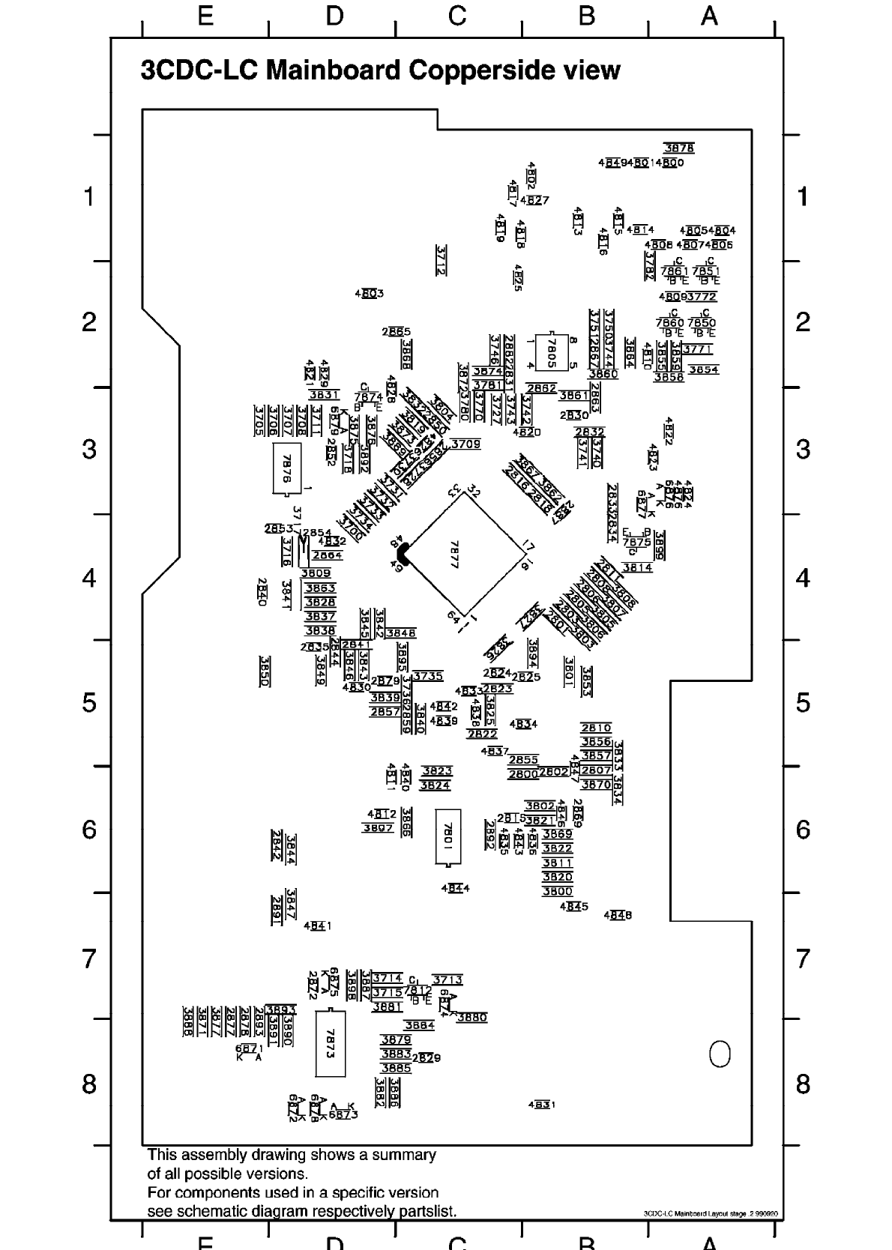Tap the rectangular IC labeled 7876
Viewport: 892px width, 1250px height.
coord(286,468)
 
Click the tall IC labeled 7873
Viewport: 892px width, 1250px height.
coord(330,1042)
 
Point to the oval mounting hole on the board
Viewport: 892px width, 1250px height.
coord(720,1054)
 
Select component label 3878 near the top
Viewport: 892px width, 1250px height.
coord(679,148)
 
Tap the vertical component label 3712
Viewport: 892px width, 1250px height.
coord(442,260)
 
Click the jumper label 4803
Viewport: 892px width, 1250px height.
coord(369,294)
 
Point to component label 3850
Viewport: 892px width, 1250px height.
coord(265,671)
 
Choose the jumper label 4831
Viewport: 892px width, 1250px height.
coord(541,1105)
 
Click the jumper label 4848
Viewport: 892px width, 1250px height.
coord(618,915)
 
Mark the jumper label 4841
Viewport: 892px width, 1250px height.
coord(317,926)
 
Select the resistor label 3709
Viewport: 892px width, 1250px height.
coord(465,444)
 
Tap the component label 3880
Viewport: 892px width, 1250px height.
coord(471,1017)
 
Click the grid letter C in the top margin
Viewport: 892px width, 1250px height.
coord(457,16)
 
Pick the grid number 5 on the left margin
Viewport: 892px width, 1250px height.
coord(89,703)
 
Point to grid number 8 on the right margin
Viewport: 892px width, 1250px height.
coord(803,1084)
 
